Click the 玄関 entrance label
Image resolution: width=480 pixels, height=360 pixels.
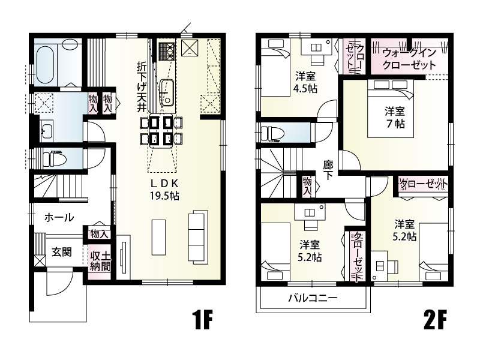tap(61, 252)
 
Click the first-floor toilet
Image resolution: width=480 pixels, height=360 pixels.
tap(53, 159)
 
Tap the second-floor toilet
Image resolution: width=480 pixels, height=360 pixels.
tap(273, 133)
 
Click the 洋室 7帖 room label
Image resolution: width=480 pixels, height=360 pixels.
tap(395, 117)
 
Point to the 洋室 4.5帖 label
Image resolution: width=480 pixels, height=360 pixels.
tap(306, 82)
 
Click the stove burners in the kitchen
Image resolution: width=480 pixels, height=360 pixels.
tap(166, 50)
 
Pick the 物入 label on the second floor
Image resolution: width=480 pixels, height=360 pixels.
tap(307, 186)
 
